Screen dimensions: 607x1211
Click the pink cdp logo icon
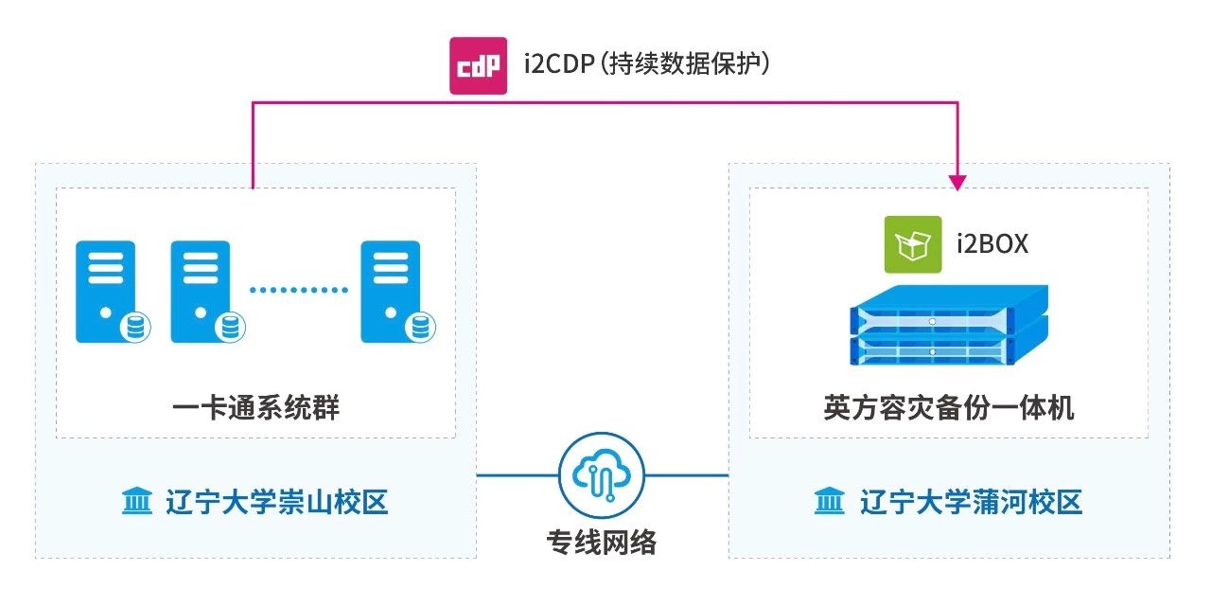[478, 65]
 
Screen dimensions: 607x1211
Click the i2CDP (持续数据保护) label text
[650, 64]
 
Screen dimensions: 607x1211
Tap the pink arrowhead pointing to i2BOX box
[959, 180]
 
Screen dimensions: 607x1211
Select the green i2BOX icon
[912, 244]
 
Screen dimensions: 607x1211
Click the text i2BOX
[992, 244]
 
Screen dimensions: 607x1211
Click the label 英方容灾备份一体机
[948, 408]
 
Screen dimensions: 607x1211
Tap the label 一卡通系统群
[256, 408]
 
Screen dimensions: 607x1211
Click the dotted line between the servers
[298, 289]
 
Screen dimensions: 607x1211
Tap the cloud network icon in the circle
[602, 474]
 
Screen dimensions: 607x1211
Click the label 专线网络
[602, 543]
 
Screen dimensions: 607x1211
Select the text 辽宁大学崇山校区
[276, 502]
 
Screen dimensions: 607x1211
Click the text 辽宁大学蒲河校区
[971, 502]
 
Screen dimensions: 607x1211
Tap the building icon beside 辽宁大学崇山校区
[137, 502]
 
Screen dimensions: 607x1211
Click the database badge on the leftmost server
[135, 328]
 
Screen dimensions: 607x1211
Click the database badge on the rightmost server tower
[421, 328]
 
